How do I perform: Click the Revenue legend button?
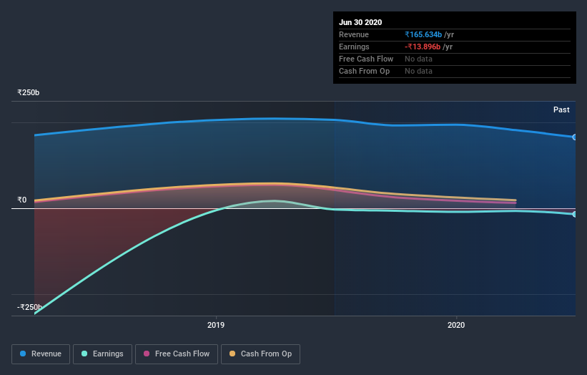(41, 354)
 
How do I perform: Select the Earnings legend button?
(103, 354)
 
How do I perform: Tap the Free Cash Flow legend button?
(176, 354)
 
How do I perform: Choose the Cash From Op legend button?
(260, 354)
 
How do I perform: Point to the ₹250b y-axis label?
(29, 92)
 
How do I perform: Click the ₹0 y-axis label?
(22, 200)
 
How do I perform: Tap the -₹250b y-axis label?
(29, 307)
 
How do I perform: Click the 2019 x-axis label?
(216, 325)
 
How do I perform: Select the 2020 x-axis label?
(456, 325)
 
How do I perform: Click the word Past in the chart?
(561, 109)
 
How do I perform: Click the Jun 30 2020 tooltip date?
(360, 22)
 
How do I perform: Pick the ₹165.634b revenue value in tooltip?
(423, 34)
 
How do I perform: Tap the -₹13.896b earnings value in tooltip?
(423, 47)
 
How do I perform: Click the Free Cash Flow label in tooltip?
(366, 59)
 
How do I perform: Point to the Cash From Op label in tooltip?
(364, 71)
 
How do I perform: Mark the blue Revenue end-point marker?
(575, 137)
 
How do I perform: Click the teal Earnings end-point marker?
(575, 214)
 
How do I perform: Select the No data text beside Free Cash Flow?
(418, 59)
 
